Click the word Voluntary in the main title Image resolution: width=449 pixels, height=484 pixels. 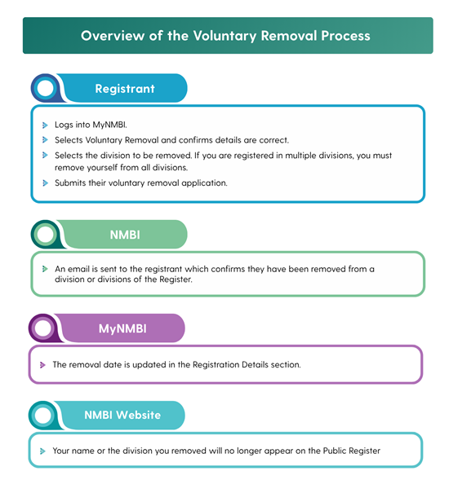[x=224, y=36]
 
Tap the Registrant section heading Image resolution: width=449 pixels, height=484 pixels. [x=125, y=89]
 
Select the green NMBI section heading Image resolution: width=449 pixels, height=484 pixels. [x=125, y=235]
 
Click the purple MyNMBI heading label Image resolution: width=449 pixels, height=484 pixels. [x=122, y=328]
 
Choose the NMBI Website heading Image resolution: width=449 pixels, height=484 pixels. [x=122, y=415]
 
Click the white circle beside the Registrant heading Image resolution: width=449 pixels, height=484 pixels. [x=46, y=88]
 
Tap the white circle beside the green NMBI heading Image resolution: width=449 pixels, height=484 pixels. [x=46, y=235]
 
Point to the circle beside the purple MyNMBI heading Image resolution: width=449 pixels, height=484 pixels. [x=43, y=328]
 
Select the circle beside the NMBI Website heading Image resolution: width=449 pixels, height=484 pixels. [x=43, y=416]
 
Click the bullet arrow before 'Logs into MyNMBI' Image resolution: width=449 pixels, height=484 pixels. [x=45, y=125]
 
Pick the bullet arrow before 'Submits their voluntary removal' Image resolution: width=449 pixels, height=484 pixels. [x=45, y=183]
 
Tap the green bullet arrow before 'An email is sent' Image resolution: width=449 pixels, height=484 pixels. [x=45, y=269]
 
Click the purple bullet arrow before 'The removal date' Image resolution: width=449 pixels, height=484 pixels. [x=42, y=365]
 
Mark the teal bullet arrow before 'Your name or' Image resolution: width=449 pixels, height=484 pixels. [x=42, y=451]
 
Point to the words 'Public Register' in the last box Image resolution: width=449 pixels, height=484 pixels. [x=352, y=451]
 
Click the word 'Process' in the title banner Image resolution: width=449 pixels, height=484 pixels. [x=345, y=36]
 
